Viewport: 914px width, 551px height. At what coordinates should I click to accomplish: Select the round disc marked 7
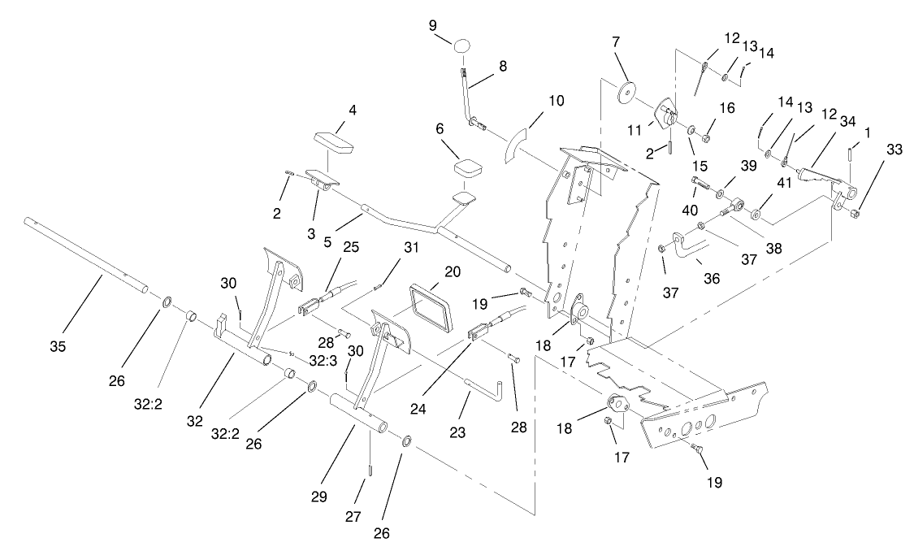pos(626,91)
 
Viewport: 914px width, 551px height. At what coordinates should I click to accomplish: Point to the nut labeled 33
pos(856,215)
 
